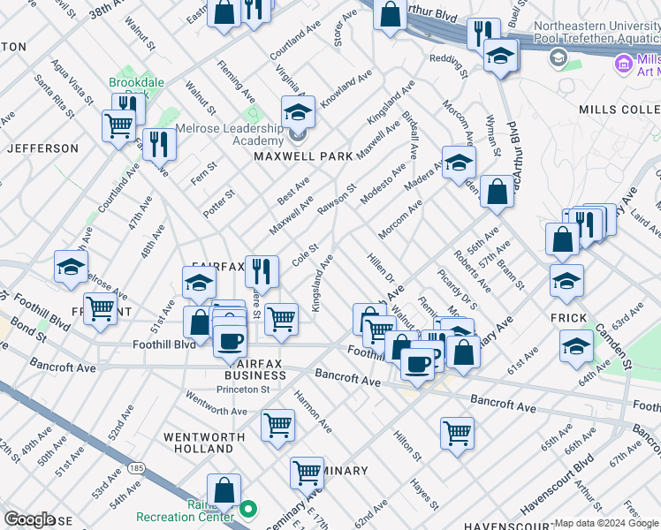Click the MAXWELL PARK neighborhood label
click(303, 156)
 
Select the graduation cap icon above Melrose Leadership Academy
click(299, 113)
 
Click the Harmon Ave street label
click(313, 411)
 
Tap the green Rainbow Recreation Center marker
click(249, 510)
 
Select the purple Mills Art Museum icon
click(624, 64)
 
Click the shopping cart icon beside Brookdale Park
click(118, 125)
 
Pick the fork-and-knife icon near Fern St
click(159, 144)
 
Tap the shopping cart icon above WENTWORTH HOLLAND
click(277, 425)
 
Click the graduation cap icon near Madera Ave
click(460, 163)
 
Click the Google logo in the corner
click(30, 519)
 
